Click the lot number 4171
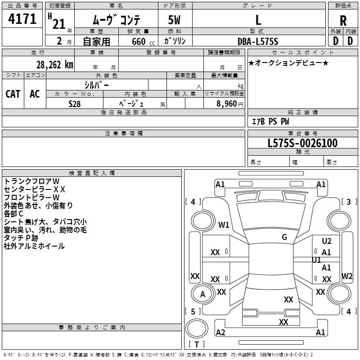(x=22, y=19)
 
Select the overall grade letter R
(x=343, y=20)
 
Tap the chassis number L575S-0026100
(x=302, y=143)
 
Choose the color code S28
(x=75, y=103)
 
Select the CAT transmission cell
(x=13, y=94)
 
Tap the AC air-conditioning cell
(x=35, y=94)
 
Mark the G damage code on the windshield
(x=284, y=237)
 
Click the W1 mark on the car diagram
(x=224, y=225)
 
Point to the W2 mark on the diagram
(x=347, y=275)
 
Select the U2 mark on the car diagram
(x=327, y=241)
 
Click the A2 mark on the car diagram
(x=220, y=332)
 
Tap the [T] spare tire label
(x=197, y=345)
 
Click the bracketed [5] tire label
(x=193, y=311)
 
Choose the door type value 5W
(x=175, y=20)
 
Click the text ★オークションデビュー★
(x=288, y=63)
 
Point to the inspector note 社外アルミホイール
(x=34, y=246)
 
